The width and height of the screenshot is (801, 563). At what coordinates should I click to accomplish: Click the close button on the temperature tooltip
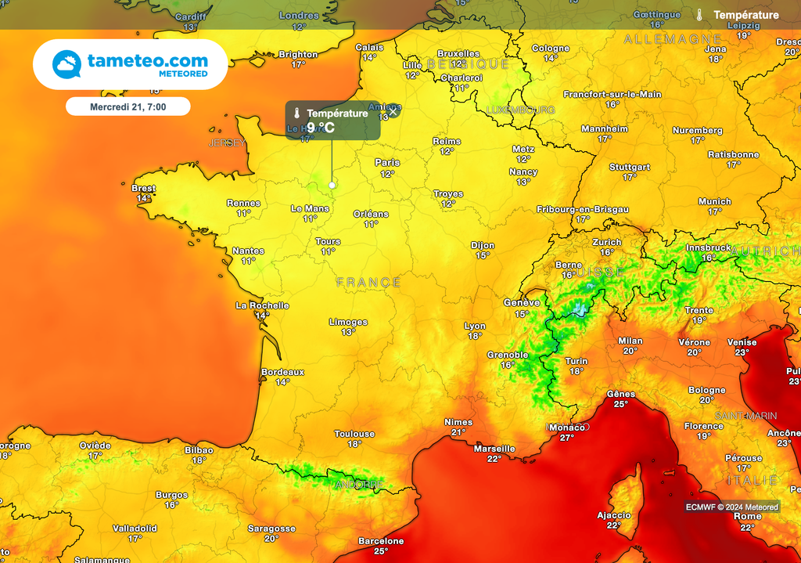click(x=393, y=111)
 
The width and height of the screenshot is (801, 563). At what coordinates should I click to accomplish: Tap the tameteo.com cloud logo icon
click(x=67, y=64)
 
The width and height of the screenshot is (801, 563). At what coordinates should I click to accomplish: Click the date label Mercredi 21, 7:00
click(x=128, y=106)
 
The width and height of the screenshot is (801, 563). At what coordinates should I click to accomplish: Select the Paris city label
click(x=387, y=163)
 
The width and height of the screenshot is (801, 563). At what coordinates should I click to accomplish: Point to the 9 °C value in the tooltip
click(x=321, y=127)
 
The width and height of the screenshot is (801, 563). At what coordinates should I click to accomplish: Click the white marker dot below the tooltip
click(x=332, y=185)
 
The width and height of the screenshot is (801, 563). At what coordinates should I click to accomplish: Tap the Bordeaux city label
click(x=282, y=372)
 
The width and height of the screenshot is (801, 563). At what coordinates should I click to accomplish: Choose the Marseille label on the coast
click(x=494, y=449)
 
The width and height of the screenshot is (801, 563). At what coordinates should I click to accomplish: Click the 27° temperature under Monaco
click(x=567, y=438)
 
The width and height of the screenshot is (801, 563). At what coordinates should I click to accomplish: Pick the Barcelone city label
click(x=381, y=541)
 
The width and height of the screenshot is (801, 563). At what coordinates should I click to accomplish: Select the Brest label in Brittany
click(x=143, y=189)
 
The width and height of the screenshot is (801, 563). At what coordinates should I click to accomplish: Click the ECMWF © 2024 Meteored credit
click(x=732, y=507)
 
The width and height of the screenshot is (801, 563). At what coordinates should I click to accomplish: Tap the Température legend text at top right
click(x=746, y=15)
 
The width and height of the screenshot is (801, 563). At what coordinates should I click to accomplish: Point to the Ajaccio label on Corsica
click(x=613, y=515)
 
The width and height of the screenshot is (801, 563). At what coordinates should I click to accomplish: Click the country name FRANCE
click(x=368, y=282)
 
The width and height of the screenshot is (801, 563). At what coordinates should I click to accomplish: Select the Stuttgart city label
click(x=630, y=168)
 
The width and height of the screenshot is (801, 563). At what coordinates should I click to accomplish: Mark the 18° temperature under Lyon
click(x=475, y=336)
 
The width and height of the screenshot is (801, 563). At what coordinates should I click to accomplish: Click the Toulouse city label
click(x=354, y=434)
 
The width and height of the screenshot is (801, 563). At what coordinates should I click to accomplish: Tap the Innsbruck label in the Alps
click(x=708, y=248)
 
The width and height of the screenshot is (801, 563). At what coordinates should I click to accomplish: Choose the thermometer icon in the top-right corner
click(x=699, y=15)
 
